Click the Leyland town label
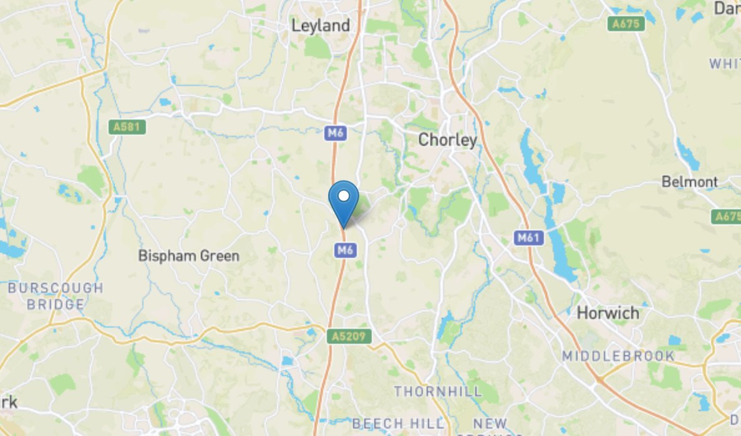click(x=321, y=26)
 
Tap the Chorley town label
click(x=447, y=140)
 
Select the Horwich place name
click(x=608, y=313)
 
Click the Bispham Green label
click(x=188, y=256)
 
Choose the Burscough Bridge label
click(x=56, y=296)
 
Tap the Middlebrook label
click(x=618, y=356)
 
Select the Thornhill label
click(x=438, y=392)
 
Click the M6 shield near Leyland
click(x=335, y=132)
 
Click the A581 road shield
click(x=127, y=127)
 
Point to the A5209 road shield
click(x=349, y=336)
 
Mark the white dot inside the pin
click(x=343, y=196)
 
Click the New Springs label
click(x=490, y=425)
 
